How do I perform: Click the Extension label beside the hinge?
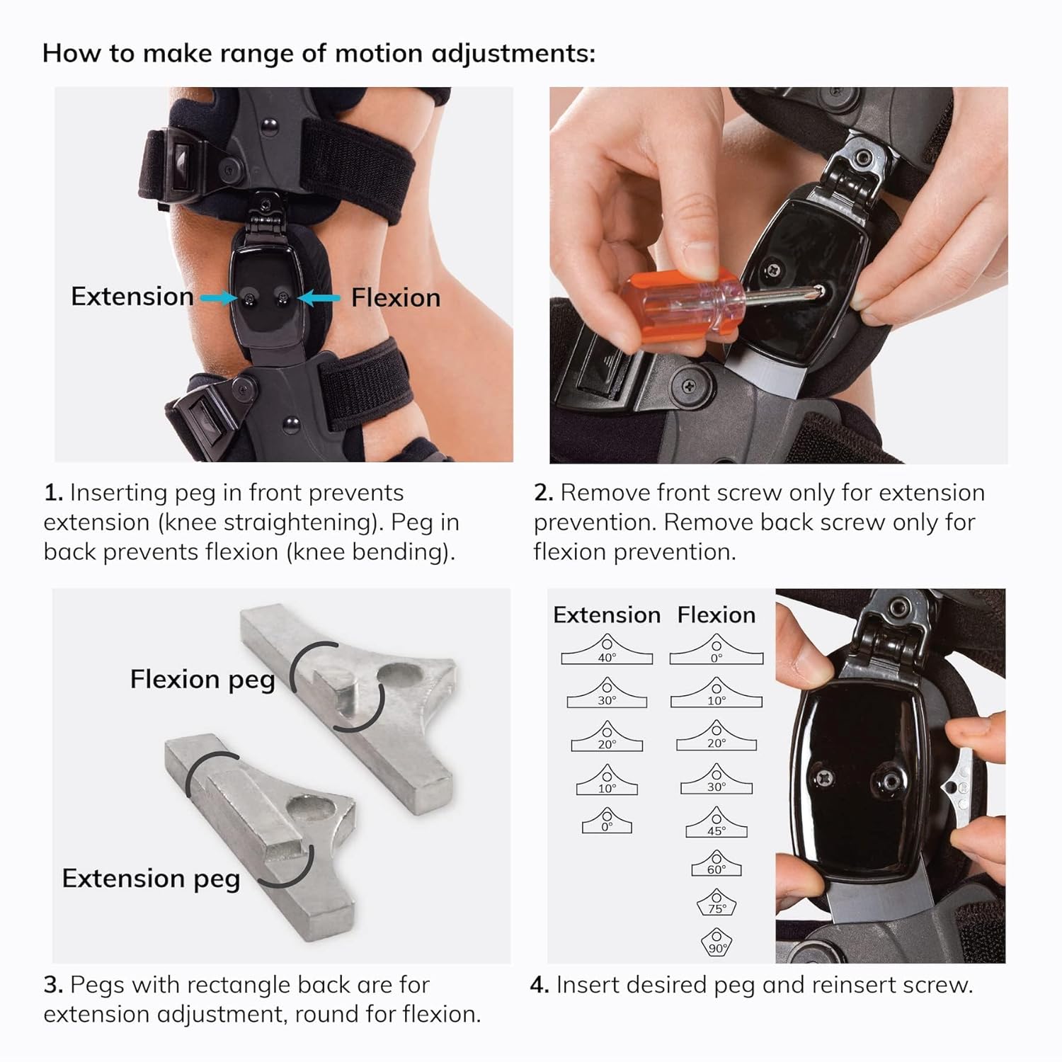132,297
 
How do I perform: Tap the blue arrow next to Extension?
218,299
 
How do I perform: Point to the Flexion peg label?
202,680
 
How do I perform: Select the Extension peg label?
151,879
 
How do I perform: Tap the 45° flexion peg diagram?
716,823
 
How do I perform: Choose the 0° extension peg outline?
607,823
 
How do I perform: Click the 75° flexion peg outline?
716,904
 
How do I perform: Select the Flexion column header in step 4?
716,615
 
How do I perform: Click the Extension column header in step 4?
607,615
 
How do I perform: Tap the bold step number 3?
53,985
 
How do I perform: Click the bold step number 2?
543,493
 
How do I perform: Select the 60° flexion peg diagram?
716,864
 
